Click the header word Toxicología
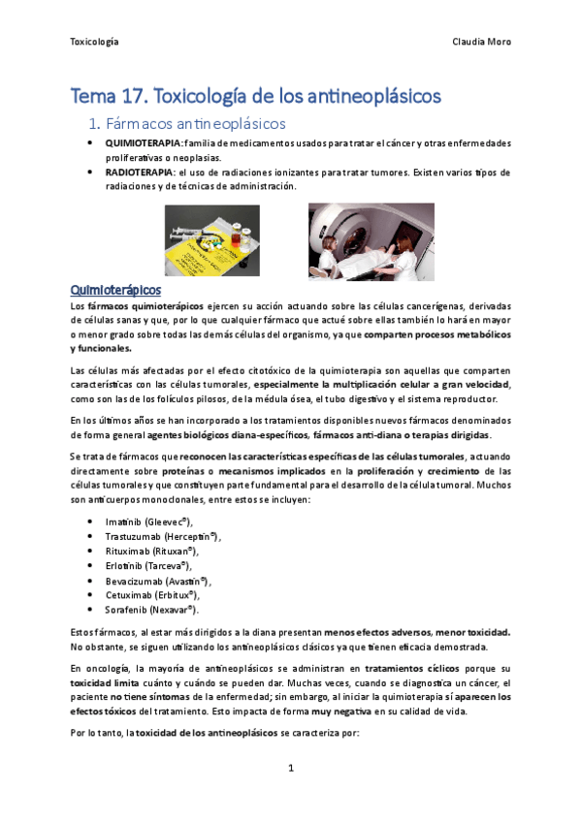click(94, 42)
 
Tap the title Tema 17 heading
click(256, 96)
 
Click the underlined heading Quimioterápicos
click(115, 290)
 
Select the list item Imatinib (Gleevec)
click(149, 522)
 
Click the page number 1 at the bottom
click(290, 769)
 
